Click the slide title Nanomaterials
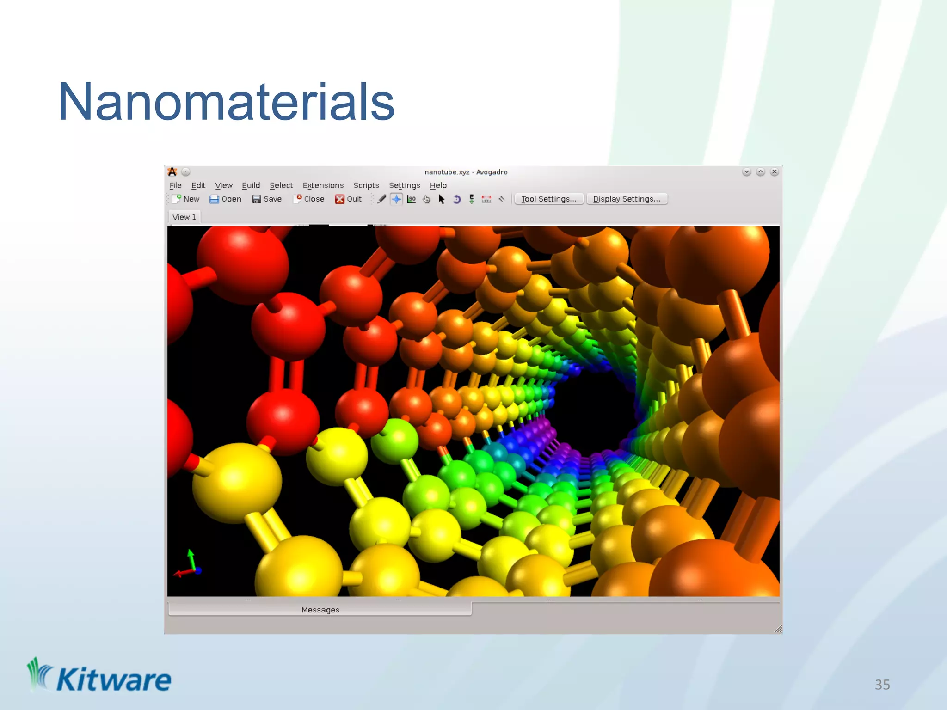pos(226,102)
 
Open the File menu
pos(175,185)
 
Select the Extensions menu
pos(323,185)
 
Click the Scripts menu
pos(366,185)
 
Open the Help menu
pos(438,185)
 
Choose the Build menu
pos(251,185)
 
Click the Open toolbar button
pos(225,199)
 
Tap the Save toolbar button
pos(267,199)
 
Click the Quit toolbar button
pos(348,199)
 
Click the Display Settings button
pos(627,199)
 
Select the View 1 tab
pos(184,217)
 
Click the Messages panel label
pos(320,610)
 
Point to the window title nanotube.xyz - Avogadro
pos(466,172)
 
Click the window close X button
pos(775,172)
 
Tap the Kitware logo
pos(99,677)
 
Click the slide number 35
pos(882,685)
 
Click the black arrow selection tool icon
pos(442,199)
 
